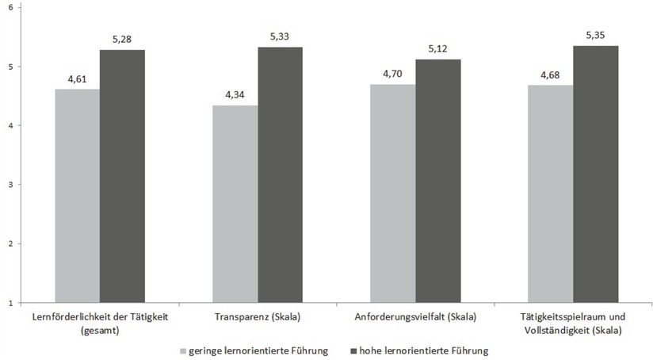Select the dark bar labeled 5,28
pos(121,175)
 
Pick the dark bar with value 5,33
pos(280,174)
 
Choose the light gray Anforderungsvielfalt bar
pos(393,193)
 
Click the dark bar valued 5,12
pos(437,181)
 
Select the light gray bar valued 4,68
pos(551,193)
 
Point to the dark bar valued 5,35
pos(596,174)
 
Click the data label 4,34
pos(235,96)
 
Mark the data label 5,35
pos(596,36)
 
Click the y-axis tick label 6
pos(10,7)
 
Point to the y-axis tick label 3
pos(10,185)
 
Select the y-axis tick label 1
pos(10,303)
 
